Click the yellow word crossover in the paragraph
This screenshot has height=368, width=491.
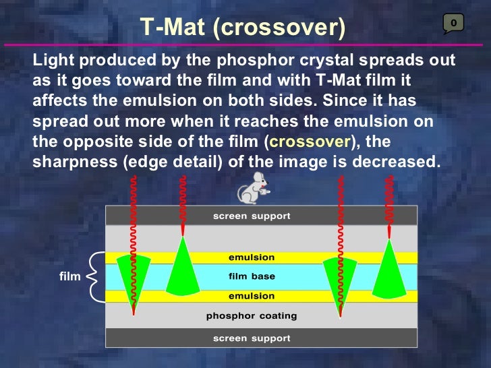point(310,143)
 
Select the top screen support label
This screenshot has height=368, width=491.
point(252,216)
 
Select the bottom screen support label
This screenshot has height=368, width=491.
point(252,338)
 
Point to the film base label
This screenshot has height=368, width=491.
point(252,276)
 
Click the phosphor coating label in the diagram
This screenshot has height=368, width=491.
point(252,315)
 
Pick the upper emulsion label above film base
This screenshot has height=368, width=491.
point(252,257)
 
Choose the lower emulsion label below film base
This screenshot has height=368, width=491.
point(252,296)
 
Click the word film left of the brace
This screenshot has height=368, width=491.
point(69,276)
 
